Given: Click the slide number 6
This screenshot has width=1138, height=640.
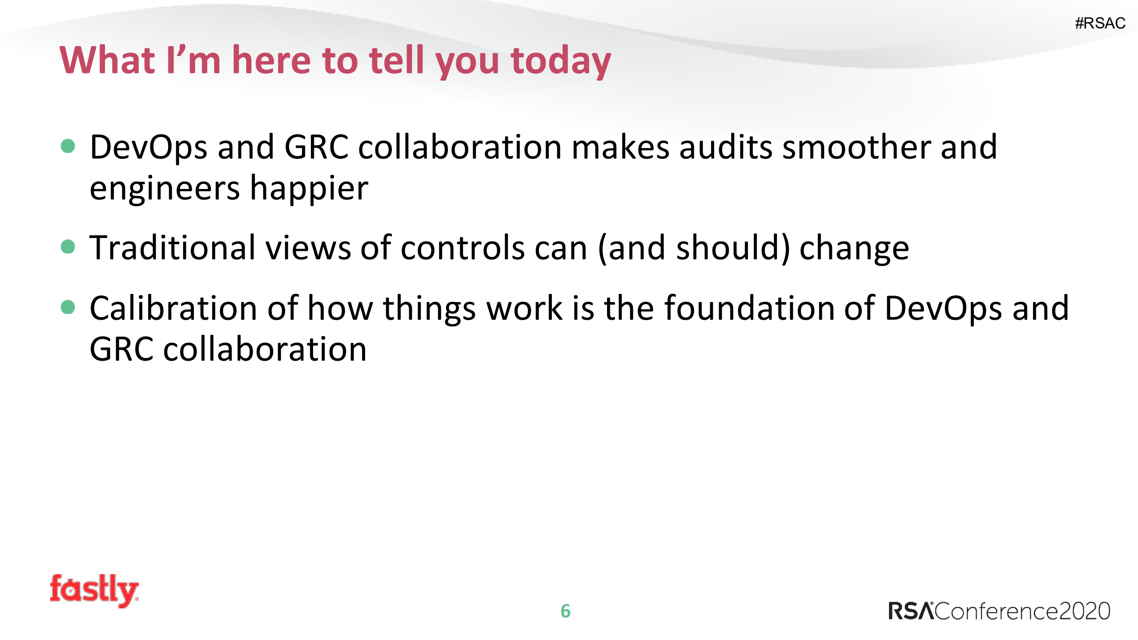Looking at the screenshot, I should click(x=565, y=611).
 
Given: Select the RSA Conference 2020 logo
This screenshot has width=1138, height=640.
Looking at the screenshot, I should click(x=999, y=611).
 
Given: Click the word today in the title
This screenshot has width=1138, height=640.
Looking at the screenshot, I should click(x=560, y=61).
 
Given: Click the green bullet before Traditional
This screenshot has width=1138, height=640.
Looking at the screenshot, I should click(x=68, y=246).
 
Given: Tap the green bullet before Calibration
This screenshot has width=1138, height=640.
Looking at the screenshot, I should click(x=68, y=307).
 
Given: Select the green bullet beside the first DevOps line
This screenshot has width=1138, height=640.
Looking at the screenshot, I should click(x=68, y=146).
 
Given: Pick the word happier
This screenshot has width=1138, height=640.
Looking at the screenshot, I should click(x=309, y=189).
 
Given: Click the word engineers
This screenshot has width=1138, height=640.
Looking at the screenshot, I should click(x=165, y=189).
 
